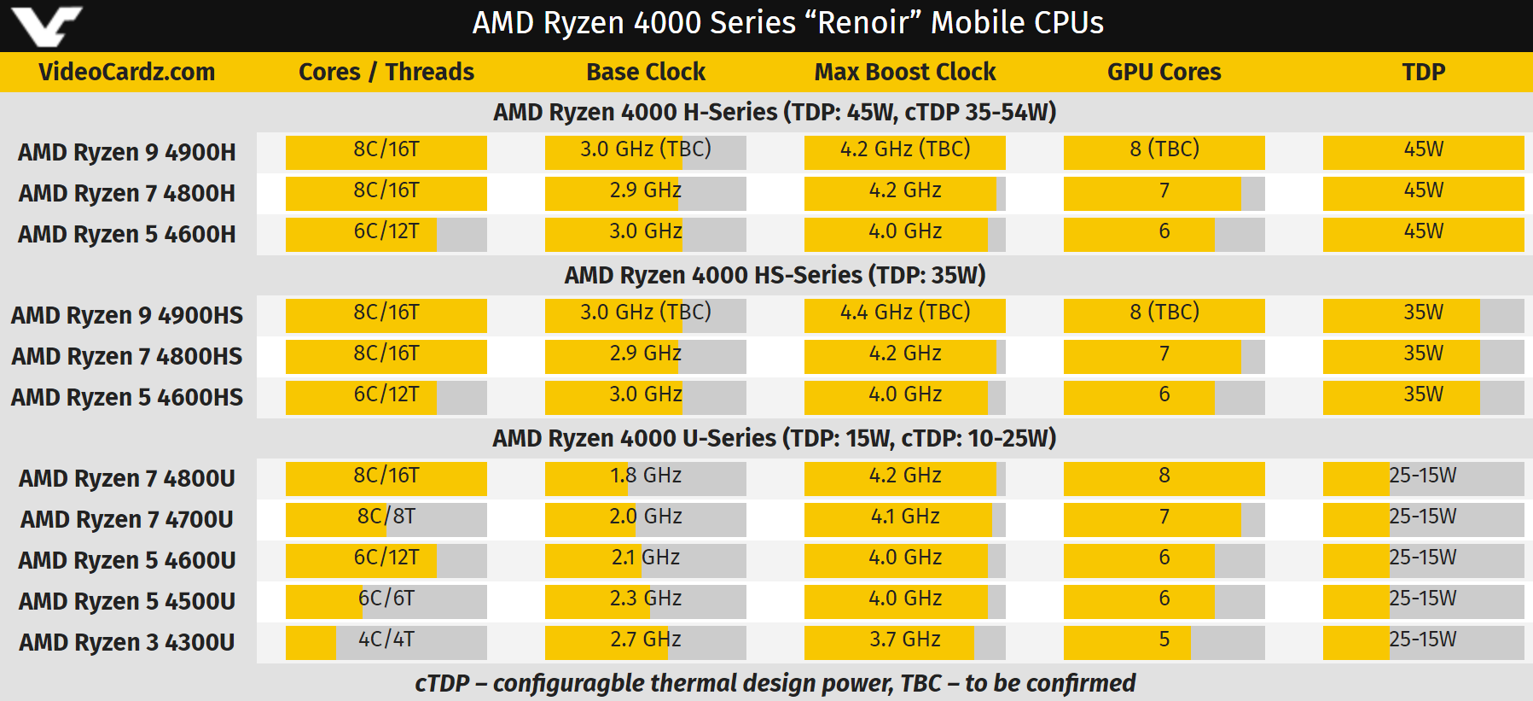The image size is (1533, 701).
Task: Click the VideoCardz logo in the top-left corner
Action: pyautogui.click(x=47, y=25)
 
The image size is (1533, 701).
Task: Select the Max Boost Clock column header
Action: pyautogui.click(x=905, y=73)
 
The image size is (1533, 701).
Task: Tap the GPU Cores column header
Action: pyautogui.click(x=1164, y=73)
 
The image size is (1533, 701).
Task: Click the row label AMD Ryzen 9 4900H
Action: pyautogui.click(x=127, y=152)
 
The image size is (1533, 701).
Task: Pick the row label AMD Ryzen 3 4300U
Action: pyautogui.click(x=127, y=642)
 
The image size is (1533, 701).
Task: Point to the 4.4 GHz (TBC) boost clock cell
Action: pyautogui.click(x=905, y=313)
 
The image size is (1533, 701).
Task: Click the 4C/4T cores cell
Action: pyautogui.click(x=386, y=640)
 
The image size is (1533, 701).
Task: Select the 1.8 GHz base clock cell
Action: pyautogui.click(x=646, y=476)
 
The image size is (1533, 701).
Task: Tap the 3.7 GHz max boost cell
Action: pyautogui.click(x=905, y=640)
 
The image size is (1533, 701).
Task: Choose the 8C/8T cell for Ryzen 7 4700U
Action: pyautogui.click(x=386, y=517)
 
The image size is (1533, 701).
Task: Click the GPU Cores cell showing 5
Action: pyautogui.click(x=1164, y=640)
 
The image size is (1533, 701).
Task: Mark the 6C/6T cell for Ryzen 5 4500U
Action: pyautogui.click(x=386, y=599)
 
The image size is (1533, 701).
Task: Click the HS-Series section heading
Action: pyautogui.click(x=775, y=275)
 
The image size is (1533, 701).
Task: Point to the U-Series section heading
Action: pyautogui.click(x=775, y=438)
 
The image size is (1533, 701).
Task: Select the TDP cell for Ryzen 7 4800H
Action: pyautogui.click(x=1423, y=190)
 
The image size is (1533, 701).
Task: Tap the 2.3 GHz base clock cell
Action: pyautogui.click(x=646, y=599)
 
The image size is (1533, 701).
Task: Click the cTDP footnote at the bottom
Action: pyautogui.click(x=775, y=683)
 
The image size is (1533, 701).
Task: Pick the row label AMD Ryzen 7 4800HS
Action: pyautogui.click(x=127, y=356)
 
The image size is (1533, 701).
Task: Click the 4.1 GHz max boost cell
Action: pyautogui.click(x=905, y=517)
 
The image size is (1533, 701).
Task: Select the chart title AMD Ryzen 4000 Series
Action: pyautogui.click(x=787, y=23)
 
